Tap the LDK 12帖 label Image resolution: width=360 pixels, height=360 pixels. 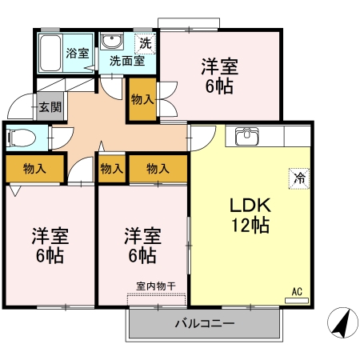tap(250, 214)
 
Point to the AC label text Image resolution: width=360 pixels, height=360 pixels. tap(296, 291)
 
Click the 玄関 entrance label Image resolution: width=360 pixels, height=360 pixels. tap(47, 105)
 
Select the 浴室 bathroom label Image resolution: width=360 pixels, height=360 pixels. tap(78, 54)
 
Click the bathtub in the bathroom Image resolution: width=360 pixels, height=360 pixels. tap(51, 54)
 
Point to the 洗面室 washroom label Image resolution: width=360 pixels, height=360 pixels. tap(126, 60)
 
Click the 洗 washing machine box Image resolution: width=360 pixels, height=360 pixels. tap(146, 42)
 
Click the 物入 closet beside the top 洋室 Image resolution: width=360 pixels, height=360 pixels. tap(143, 99)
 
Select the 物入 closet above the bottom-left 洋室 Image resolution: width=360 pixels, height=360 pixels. tap(34, 169)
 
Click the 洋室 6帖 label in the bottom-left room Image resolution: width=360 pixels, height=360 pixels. tap(50, 246)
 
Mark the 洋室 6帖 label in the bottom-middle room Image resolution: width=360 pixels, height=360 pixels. tap(142, 246)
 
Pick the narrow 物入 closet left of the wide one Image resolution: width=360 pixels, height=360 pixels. tap(111, 169)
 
